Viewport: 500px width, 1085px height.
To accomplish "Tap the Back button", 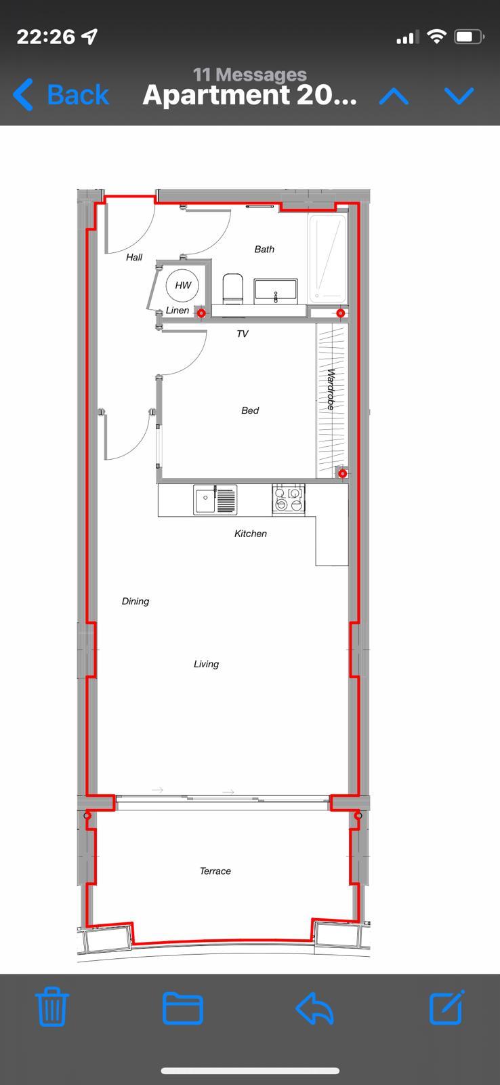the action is (61, 94).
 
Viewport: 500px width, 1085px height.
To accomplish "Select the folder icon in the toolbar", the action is (182, 1008).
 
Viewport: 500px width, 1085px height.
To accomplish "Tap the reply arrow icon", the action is (314, 1008).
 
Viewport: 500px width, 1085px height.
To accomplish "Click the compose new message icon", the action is (447, 1007).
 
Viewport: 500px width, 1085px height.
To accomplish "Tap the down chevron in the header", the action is (459, 96).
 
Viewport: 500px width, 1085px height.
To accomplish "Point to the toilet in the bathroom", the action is (232, 289).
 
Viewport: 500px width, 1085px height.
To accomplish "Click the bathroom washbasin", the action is (276, 291).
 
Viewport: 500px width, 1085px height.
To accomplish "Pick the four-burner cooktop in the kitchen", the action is (289, 499).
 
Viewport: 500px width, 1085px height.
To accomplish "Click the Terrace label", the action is (215, 871).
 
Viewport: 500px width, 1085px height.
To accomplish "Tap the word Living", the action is (206, 664).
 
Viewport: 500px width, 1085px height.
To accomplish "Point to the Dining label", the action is (136, 601).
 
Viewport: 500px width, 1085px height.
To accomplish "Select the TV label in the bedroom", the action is (243, 334).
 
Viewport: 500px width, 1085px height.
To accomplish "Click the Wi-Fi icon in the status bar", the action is (436, 37).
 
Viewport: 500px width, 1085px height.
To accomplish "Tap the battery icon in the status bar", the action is (469, 37).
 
